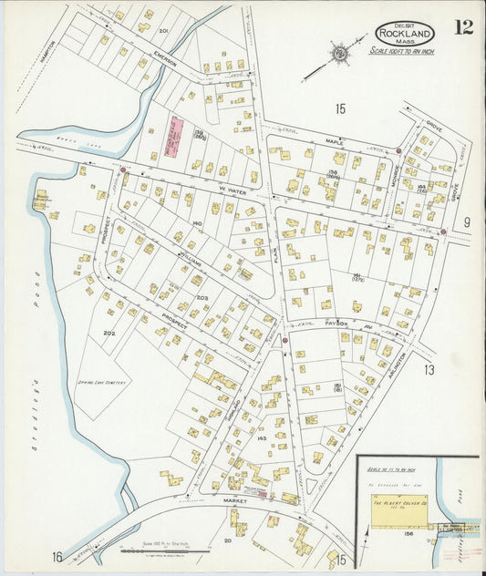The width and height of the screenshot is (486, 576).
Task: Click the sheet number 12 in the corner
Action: pyautogui.click(x=463, y=26)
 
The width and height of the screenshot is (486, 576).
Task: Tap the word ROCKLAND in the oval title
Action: pyautogui.click(x=405, y=33)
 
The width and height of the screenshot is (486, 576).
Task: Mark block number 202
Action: pyautogui.click(x=111, y=334)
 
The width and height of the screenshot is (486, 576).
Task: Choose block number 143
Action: pyautogui.click(x=260, y=438)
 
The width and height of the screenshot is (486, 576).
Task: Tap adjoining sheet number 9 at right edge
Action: pyautogui.click(x=466, y=221)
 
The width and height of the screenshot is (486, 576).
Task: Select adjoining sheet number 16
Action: pyautogui.click(x=57, y=557)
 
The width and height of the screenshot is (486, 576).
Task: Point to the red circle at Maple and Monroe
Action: pyautogui.click(x=399, y=150)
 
